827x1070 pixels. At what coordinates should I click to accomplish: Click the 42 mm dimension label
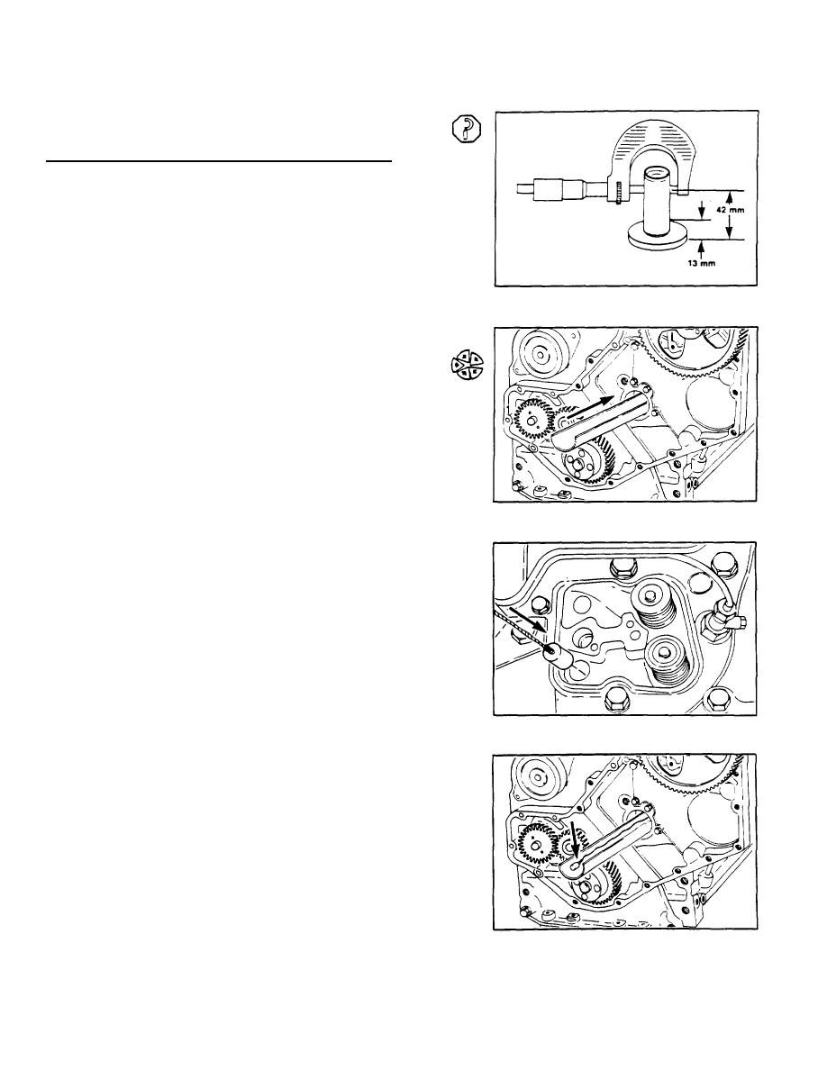pyautogui.click(x=730, y=211)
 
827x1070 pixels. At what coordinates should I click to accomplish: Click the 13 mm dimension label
pyautogui.click(x=701, y=263)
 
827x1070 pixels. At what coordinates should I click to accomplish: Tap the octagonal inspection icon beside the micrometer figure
pyautogui.click(x=466, y=130)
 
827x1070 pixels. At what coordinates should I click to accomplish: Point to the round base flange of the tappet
pyautogui.click(x=657, y=238)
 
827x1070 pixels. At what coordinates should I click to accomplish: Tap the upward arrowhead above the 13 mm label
pyautogui.click(x=699, y=247)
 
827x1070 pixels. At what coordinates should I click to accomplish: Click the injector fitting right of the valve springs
pyautogui.click(x=723, y=618)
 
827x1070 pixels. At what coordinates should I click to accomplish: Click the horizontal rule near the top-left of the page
pyautogui.click(x=218, y=162)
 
